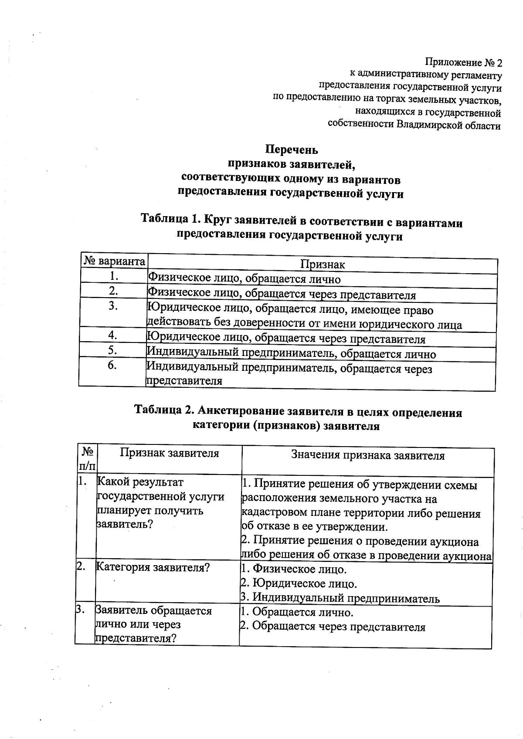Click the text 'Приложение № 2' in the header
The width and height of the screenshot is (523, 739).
464,63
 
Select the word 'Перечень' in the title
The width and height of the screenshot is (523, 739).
292,150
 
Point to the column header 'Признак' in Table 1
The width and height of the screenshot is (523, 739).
323,264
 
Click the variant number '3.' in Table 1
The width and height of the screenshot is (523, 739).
113,306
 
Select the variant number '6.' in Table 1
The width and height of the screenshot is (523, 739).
112,366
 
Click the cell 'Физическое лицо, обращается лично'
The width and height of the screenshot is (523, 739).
244,279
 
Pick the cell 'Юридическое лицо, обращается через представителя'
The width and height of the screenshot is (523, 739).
286,339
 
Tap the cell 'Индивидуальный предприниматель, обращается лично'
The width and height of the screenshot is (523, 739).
291,353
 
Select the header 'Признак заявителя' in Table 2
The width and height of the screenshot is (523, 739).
170,453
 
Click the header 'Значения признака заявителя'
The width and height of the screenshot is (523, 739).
368,455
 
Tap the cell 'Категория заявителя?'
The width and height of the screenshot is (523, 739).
153,567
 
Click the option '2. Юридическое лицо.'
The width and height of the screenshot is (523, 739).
299,583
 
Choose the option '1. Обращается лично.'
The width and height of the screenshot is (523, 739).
297,612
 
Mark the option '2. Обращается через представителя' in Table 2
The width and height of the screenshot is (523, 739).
333,627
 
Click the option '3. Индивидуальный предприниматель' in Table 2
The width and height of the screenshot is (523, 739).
340,598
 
